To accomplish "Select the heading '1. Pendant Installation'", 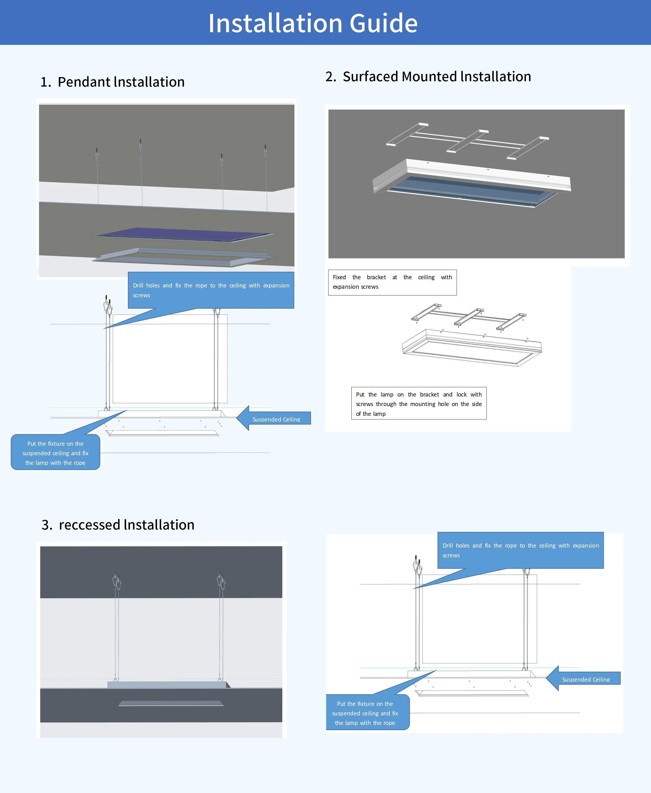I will [x=112, y=82].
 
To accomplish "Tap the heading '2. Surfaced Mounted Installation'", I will [x=428, y=77].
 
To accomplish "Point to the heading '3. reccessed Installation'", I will [x=118, y=525].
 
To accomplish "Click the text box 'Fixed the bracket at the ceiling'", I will [x=392, y=282].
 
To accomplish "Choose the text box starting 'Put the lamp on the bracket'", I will [x=418, y=403].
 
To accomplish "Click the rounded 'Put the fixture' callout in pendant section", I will [x=55, y=452].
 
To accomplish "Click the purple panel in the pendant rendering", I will [x=184, y=234].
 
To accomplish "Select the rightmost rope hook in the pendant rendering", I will [x=266, y=152].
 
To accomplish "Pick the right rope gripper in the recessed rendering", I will [x=221, y=582].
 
